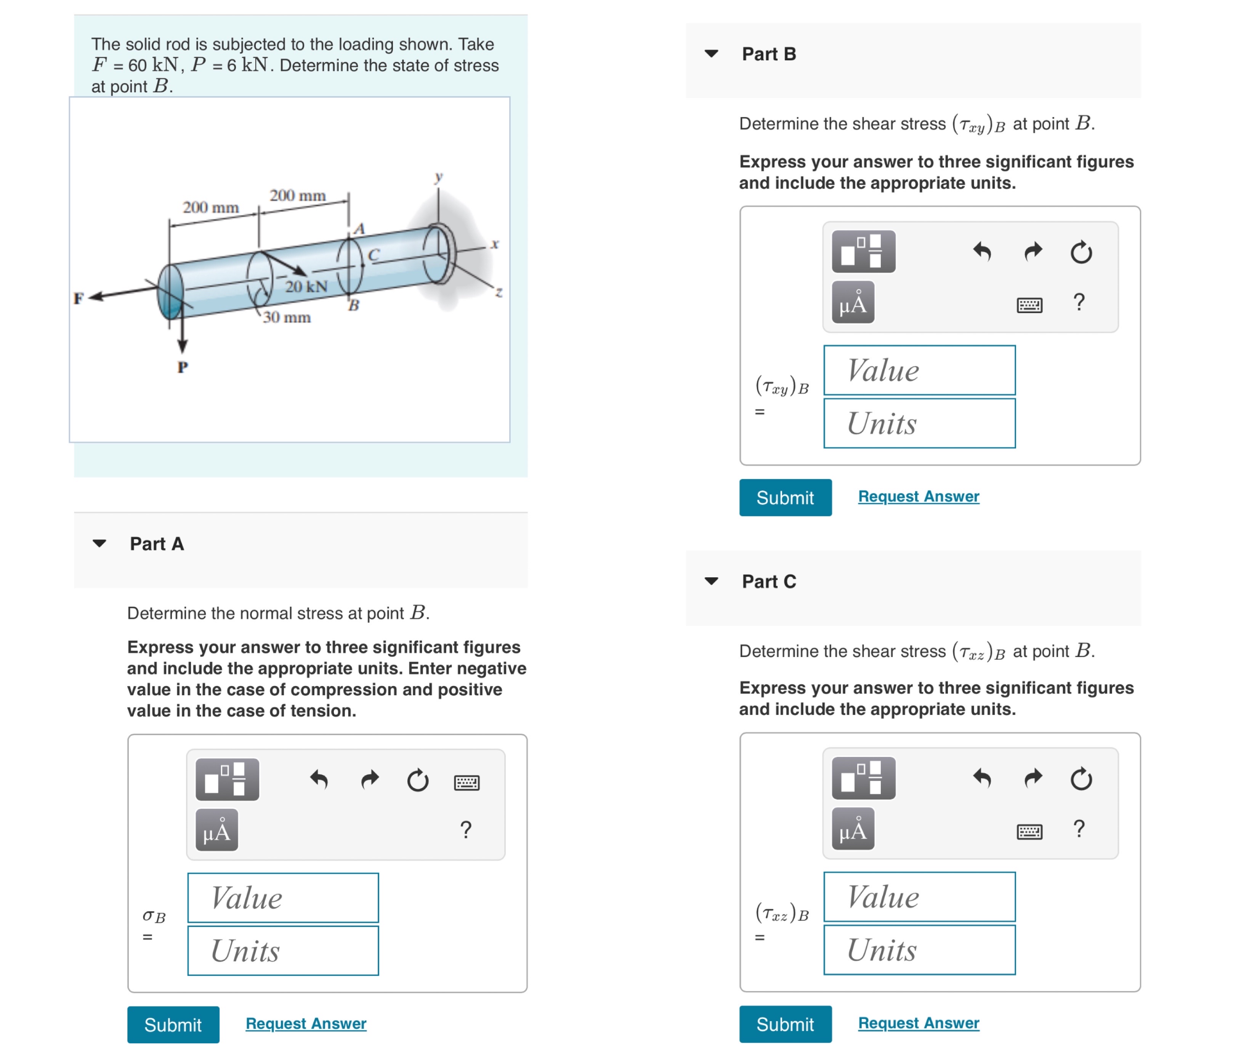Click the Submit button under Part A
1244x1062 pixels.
point(173,1024)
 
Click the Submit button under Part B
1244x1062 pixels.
point(785,497)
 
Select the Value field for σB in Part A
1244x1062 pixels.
point(283,897)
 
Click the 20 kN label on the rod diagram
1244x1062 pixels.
point(306,286)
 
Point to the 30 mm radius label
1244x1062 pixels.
point(287,317)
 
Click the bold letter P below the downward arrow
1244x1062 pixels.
point(183,367)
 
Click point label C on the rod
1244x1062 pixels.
point(374,255)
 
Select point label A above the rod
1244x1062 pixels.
point(359,229)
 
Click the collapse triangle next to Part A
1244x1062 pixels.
point(99,544)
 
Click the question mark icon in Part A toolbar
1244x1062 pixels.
point(466,829)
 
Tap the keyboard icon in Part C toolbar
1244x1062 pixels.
point(1029,832)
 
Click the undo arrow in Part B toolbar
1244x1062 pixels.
point(982,252)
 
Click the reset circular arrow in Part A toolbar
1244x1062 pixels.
point(418,780)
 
